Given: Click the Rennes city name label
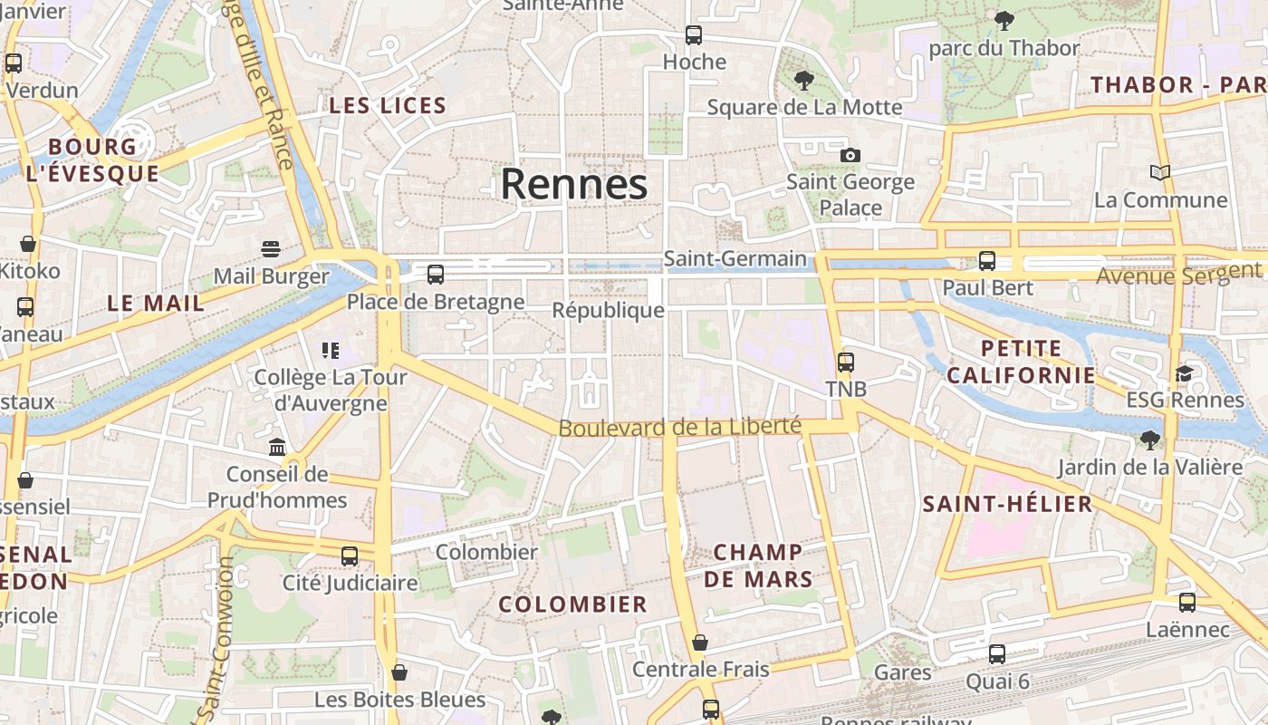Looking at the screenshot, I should point(573,184).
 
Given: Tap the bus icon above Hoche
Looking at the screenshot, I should point(694,35).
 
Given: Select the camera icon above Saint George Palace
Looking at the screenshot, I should point(850,155).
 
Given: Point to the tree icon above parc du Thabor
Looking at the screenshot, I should point(1004,20).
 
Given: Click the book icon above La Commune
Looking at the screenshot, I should point(1160,171).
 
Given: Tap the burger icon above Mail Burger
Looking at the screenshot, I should point(270,248).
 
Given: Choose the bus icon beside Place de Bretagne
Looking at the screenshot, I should point(436,274).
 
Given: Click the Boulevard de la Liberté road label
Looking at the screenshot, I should point(680,427).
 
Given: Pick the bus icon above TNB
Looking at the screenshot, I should point(846,362).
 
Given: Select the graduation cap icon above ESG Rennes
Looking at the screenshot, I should point(1184,373).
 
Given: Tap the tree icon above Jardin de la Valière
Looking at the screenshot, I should point(1150,440).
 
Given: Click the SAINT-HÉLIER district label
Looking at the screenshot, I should point(1007,505).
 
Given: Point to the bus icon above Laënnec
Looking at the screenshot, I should point(1187,602).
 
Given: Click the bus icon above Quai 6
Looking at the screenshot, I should point(997,653).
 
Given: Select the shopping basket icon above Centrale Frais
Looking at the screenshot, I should point(700,643).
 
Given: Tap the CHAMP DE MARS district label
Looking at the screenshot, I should point(758,565).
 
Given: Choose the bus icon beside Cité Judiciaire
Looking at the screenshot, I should point(350,556).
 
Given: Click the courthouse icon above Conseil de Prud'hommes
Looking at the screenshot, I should point(277,447).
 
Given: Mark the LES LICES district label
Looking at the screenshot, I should point(388,105).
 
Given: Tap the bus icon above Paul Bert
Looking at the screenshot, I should point(987,261).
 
